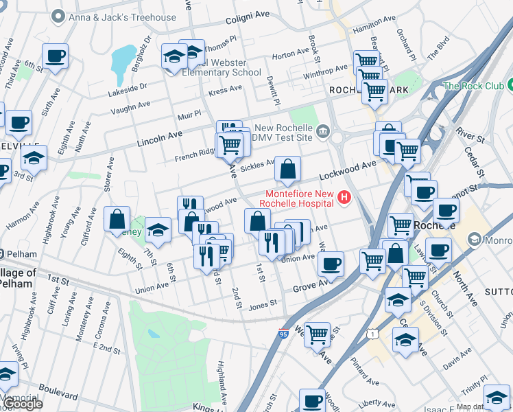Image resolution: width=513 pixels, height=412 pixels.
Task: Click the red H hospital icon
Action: pos(344,199)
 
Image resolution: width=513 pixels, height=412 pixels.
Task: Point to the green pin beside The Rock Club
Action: pos(512,85)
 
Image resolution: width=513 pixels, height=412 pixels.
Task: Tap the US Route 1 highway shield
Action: pos(370,334)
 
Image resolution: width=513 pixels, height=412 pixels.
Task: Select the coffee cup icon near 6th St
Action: pos(55,56)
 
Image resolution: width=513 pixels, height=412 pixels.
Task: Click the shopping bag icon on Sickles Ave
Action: pos(287,169)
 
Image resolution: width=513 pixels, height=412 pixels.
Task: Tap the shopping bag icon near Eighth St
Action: pos(117,220)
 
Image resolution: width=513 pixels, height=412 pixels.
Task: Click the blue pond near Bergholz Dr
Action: pos(123,59)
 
